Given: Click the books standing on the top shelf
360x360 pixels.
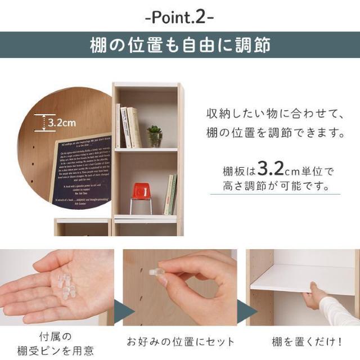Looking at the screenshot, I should (x=128, y=127).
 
